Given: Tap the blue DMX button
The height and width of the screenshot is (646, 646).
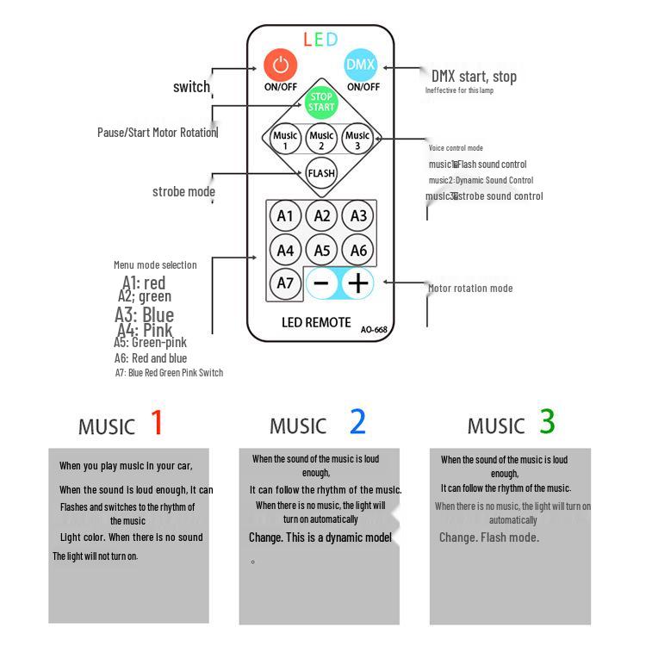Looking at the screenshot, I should click(362, 65).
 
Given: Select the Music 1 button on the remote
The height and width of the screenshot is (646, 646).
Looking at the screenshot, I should click(284, 139).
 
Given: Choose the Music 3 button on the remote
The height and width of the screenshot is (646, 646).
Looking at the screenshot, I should click(357, 139).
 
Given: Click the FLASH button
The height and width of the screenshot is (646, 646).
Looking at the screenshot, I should click(321, 173).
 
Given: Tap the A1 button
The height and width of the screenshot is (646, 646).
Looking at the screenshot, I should click(285, 216).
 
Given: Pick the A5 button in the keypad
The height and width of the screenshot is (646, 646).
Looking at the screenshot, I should click(322, 251).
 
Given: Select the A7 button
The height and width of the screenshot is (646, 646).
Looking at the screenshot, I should click(285, 283).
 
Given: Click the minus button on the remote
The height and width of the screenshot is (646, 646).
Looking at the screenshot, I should click(321, 283).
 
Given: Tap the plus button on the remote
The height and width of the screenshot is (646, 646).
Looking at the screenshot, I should click(357, 283).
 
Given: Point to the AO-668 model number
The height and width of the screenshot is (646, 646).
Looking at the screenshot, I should click(375, 328).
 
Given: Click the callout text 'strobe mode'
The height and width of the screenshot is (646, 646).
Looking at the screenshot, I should click(183, 191).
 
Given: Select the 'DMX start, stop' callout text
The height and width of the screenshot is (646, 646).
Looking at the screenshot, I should click(474, 77).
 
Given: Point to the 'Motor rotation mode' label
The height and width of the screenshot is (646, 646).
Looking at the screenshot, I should click(470, 289).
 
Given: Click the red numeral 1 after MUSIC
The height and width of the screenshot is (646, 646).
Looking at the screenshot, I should click(157, 422).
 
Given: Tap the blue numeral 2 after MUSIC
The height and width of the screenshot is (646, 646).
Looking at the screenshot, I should click(357, 422).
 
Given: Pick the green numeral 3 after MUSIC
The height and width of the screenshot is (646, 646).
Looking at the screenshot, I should click(547, 422).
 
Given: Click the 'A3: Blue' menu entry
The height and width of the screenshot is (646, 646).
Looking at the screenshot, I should click(145, 314).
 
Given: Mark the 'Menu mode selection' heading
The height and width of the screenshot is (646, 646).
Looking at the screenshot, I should click(155, 265).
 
